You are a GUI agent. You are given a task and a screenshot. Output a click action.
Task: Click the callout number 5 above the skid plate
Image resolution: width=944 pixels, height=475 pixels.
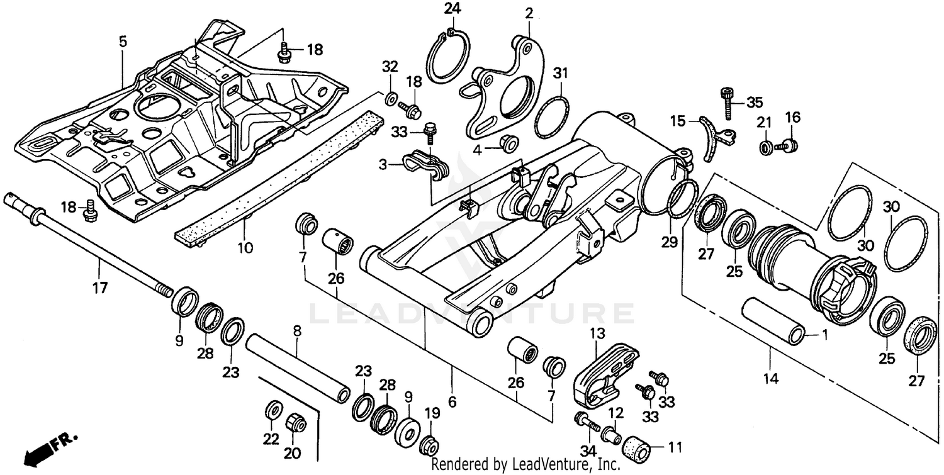(x=123, y=42)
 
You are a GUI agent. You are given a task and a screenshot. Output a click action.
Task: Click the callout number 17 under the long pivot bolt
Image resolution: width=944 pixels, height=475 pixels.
(x=100, y=288)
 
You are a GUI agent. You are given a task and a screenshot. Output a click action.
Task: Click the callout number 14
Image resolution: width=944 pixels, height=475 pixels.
(x=771, y=378)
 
